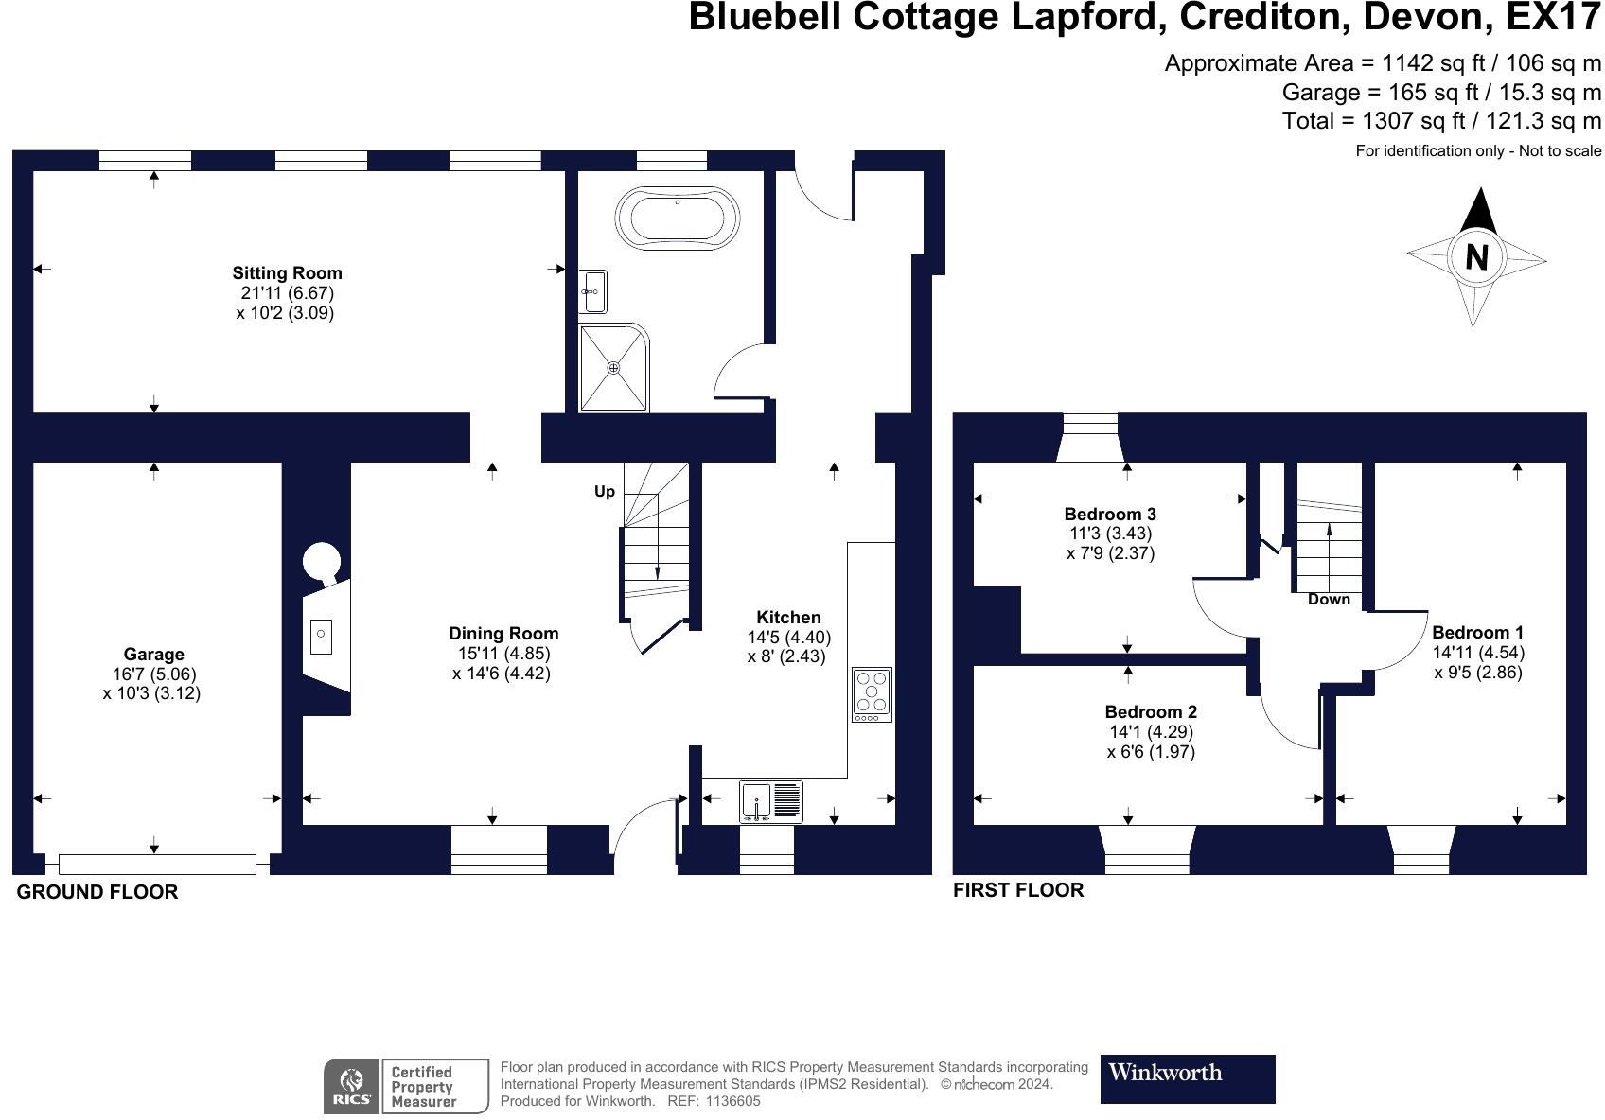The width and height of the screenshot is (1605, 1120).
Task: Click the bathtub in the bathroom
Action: click(x=677, y=218)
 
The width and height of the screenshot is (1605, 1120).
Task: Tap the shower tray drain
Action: click(x=614, y=367)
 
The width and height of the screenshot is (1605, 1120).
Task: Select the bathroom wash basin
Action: click(x=593, y=291)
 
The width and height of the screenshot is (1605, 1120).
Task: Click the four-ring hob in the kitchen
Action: click(x=872, y=691)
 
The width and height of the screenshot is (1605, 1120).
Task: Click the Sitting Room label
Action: click(x=287, y=273)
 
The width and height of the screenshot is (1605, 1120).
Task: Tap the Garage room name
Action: click(x=153, y=655)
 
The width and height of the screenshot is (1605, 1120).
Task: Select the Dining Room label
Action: click(x=503, y=634)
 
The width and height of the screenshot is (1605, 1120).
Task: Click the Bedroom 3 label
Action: click(x=1110, y=515)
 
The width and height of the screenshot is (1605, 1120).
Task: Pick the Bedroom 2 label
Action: click(x=1151, y=712)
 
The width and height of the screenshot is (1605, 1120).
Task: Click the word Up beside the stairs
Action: click(x=605, y=492)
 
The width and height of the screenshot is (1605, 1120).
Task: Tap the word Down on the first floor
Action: click(x=1329, y=600)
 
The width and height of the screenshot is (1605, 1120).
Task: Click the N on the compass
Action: click(x=1476, y=256)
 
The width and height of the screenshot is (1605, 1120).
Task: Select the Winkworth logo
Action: click(x=1187, y=1078)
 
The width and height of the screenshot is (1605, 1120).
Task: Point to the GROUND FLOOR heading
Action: click(x=97, y=892)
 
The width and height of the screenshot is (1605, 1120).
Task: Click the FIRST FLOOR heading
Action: click(x=1018, y=890)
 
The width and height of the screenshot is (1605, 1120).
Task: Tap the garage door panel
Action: click(x=157, y=864)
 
